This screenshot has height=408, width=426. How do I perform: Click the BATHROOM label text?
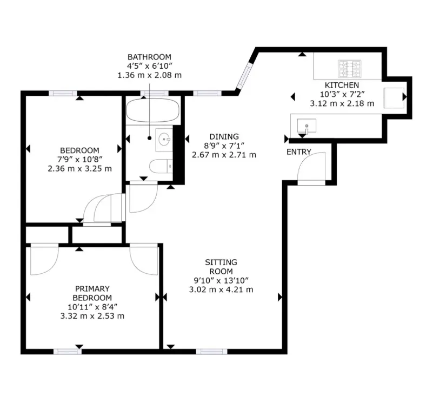pos(149,57)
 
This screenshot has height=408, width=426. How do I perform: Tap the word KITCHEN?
pos(342,85)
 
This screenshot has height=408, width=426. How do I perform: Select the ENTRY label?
pos(298,152)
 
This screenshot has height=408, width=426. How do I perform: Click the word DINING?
pos(224,136)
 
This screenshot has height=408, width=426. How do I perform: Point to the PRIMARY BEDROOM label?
pos(92,293)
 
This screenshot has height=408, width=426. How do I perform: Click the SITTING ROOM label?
pos(221,267)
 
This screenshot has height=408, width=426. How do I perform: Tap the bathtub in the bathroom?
pos(152,110)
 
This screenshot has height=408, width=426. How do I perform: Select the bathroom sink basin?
pos(164,139)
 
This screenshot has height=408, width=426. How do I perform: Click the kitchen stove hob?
pos(350,68)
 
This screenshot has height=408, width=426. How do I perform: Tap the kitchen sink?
pos(307,127)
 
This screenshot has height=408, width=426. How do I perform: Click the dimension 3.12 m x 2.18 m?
pos(342,103)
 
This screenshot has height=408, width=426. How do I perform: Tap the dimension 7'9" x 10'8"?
pos(79,159)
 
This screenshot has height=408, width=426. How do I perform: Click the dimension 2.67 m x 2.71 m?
pos(224,155)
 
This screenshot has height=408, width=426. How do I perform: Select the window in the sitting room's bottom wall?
pos(208,351)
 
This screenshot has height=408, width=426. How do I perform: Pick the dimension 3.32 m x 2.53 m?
pos(92,316)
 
